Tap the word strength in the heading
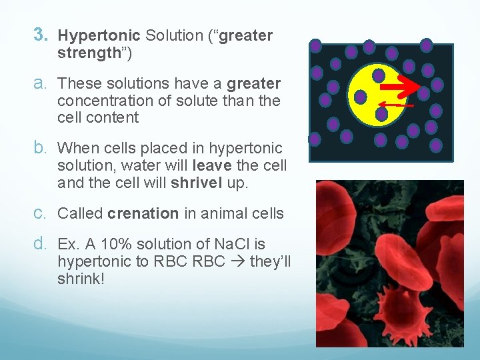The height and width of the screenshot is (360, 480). click(x=88, y=53)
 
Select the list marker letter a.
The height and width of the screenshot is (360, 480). click(x=41, y=84)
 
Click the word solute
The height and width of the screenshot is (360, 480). click(x=209, y=101)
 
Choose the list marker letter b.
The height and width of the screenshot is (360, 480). click(x=41, y=148)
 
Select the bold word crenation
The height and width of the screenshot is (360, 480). click(x=143, y=214)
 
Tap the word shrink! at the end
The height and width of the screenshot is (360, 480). click(x=81, y=279)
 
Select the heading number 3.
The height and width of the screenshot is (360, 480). click(x=41, y=35)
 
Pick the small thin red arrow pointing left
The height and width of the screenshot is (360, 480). click(x=393, y=105)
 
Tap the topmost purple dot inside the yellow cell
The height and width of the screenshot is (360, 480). click(x=378, y=75)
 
